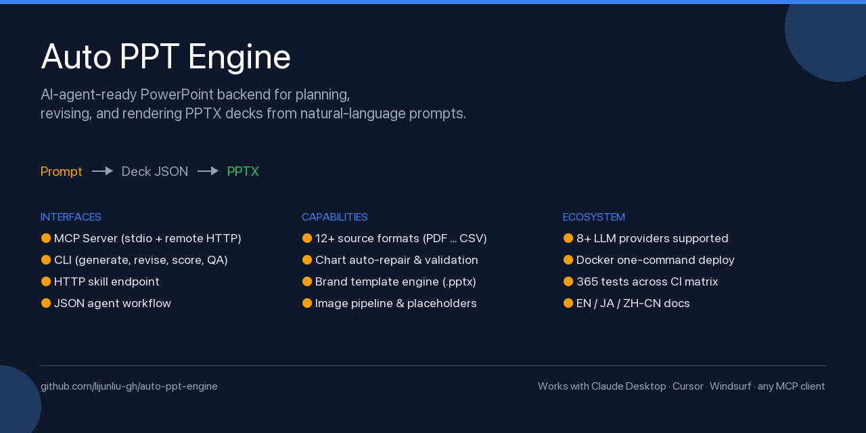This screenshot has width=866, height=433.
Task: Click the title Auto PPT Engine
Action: click(166, 57)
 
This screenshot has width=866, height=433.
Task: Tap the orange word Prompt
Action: click(62, 172)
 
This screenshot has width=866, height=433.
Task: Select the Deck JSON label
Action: click(155, 172)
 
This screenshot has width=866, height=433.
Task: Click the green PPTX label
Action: click(243, 172)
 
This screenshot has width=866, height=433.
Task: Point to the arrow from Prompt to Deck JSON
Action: click(102, 171)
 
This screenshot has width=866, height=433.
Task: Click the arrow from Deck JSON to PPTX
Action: click(208, 171)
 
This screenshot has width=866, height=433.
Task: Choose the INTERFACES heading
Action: click(71, 217)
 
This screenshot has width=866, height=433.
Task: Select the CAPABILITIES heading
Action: click(335, 217)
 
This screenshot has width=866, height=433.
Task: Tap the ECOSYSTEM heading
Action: click(594, 217)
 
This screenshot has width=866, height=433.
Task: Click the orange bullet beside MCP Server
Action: click(46, 238)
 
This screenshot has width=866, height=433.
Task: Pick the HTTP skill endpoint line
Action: click(107, 281)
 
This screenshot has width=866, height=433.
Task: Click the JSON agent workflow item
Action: click(112, 303)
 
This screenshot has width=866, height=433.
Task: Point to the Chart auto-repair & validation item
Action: click(396, 260)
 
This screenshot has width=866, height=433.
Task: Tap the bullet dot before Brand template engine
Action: click(307, 281)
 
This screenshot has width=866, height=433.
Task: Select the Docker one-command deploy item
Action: click(655, 260)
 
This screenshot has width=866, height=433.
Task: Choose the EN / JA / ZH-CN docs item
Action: click(633, 303)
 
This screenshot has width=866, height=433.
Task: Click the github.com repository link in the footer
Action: click(129, 386)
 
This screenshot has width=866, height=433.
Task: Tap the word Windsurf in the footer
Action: click(730, 386)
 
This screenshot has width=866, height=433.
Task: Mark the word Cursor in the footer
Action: click(687, 386)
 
